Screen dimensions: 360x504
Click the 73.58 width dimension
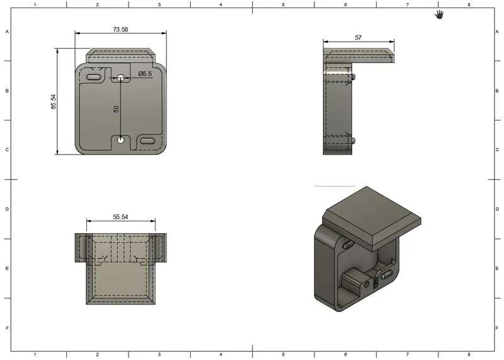click(120, 30)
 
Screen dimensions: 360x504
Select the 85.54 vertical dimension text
click(54, 102)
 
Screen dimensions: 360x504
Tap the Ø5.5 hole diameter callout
click(146, 74)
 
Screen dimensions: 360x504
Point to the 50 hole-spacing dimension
click(117, 108)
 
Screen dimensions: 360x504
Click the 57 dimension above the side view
click(358, 38)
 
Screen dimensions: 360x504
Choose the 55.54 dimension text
click(121, 216)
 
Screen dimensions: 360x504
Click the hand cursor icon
click(439, 14)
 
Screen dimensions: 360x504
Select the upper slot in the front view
click(94, 77)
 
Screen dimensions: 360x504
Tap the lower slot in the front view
click(148, 141)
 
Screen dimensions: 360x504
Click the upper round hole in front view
click(121, 78)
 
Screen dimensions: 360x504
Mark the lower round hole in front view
click(121, 140)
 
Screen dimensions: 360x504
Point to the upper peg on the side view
click(354, 77)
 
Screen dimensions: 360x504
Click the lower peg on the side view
click(354, 139)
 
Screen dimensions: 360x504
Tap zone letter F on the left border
click(7, 328)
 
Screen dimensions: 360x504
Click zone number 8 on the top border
click(469, 4)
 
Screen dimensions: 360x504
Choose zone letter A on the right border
click(498, 32)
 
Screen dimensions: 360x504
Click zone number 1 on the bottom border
click(35, 355)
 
